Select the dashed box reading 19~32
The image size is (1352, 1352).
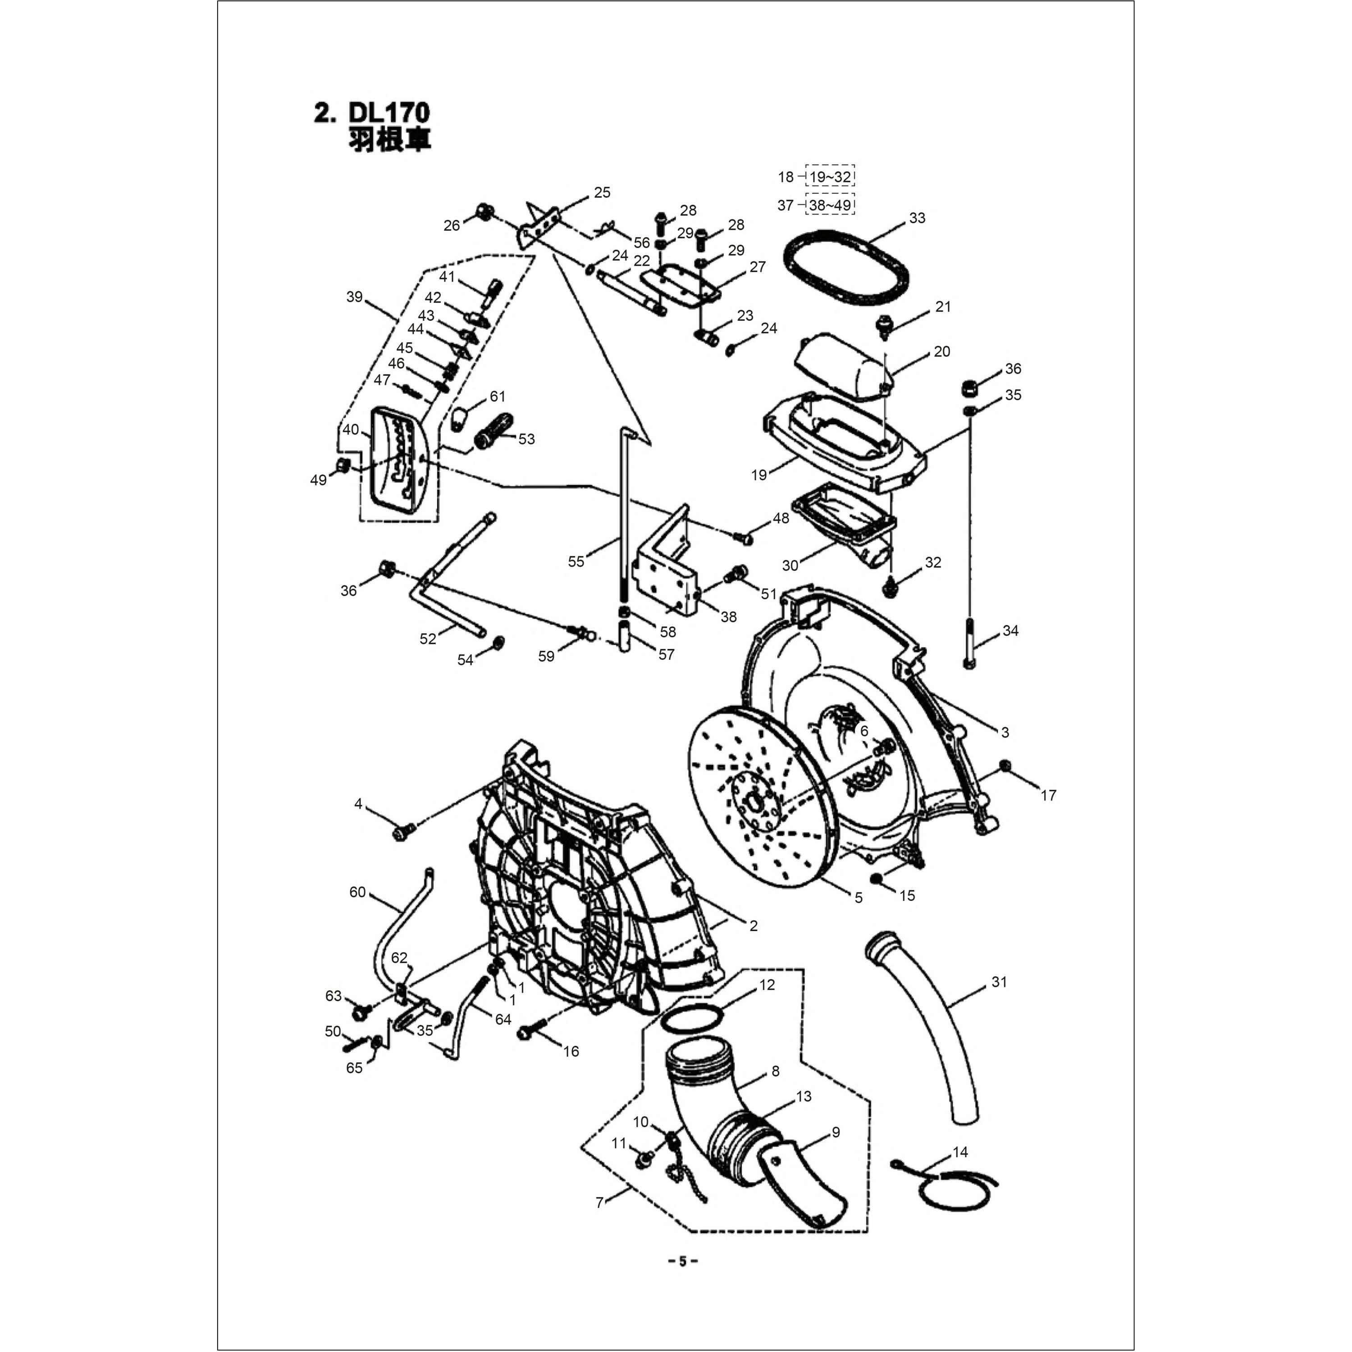[x=830, y=176]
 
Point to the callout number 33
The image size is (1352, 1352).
[x=917, y=218]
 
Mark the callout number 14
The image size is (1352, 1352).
[x=960, y=1152]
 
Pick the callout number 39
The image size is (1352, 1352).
[x=354, y=297]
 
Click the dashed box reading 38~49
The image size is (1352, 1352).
[x=830, y=205]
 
